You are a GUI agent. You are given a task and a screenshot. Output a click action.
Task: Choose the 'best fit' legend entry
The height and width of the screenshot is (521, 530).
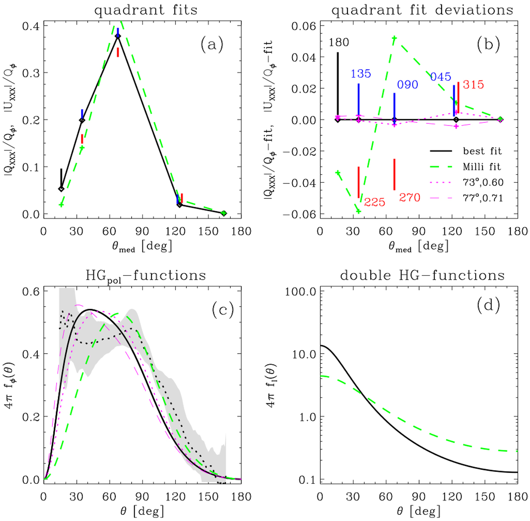(x=482, y=151)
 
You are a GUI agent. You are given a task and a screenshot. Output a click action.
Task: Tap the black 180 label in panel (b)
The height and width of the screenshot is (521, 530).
(x=339, y=43)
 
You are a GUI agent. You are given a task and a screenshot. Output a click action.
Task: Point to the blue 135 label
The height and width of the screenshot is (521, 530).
(x=361, y=74)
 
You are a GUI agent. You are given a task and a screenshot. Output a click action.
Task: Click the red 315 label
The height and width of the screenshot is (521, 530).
(x=473, y=84)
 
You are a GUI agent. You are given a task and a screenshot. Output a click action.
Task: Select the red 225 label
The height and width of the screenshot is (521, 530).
(x=375, y=203)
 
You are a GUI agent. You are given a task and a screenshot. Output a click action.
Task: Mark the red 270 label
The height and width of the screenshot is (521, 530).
(x=410, y=198)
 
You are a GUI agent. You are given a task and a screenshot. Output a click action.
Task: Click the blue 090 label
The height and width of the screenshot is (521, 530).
(x=407, y=84)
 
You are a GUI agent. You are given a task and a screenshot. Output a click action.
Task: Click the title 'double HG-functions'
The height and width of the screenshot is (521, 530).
(x=422, y=275)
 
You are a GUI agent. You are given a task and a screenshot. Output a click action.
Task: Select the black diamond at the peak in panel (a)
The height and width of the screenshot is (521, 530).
(x=117, y=36)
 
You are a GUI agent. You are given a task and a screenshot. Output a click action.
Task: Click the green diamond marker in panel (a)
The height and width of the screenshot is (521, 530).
(x=224, y=213)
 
